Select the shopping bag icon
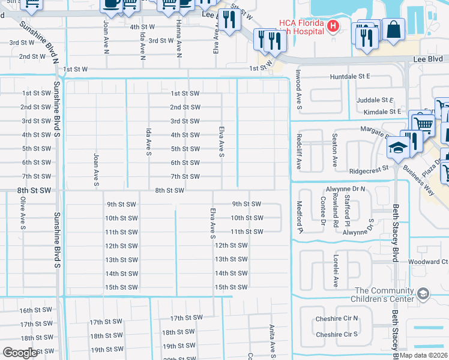click(x=394, y=29)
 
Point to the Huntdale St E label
click(x=351, y=77)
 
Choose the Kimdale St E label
click(x=378, y=112)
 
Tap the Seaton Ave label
click(x=335, y=154)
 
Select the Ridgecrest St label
click(x=373, y=171)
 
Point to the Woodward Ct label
click(x=428, y=262)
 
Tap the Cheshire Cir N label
click(x=337, y=318)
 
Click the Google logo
click(x=20, y=353)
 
